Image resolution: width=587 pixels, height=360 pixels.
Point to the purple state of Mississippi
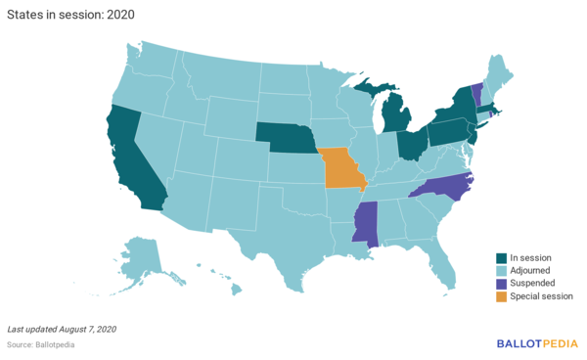[366, 224]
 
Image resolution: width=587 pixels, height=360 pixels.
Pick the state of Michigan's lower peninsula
[395, 119]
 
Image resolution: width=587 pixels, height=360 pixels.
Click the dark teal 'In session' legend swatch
[501, 257]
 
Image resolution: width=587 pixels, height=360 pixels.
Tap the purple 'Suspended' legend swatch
[501, 283]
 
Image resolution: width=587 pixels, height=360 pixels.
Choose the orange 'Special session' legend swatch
[501, 295]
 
